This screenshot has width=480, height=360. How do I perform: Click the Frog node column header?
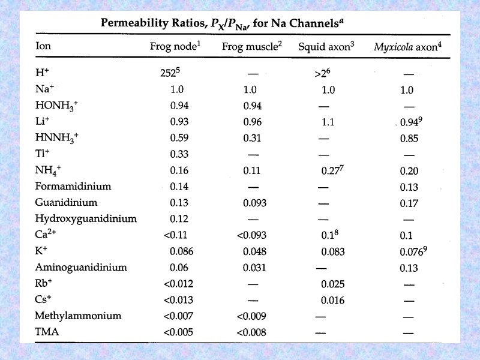pos(174,46)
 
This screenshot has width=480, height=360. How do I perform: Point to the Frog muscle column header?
pos(251,46)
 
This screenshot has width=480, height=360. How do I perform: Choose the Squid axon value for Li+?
pos(328,122)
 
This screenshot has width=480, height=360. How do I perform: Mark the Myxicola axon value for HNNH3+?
pos(409,139)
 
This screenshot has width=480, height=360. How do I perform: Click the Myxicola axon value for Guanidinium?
pos(409,203)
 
